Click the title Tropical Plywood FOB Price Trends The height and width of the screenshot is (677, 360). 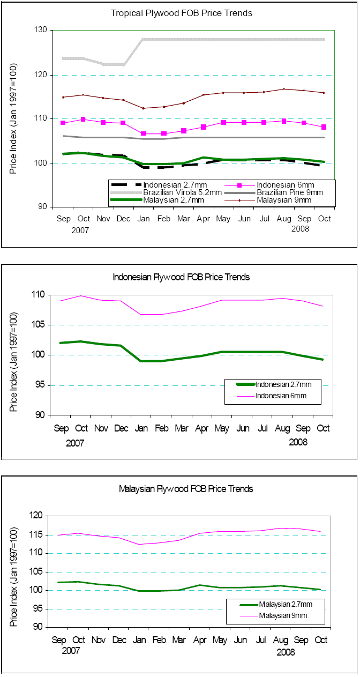181,13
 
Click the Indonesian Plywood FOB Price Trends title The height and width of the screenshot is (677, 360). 181,277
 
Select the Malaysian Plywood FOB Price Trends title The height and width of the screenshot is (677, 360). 185,489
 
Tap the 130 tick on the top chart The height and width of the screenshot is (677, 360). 41,31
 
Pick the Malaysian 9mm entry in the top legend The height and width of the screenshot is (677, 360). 283,200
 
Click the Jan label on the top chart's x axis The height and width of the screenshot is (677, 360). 143,219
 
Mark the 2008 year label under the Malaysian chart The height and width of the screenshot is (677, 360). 286,652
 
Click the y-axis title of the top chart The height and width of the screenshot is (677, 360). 14,118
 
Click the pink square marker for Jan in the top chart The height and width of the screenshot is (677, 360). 143,133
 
